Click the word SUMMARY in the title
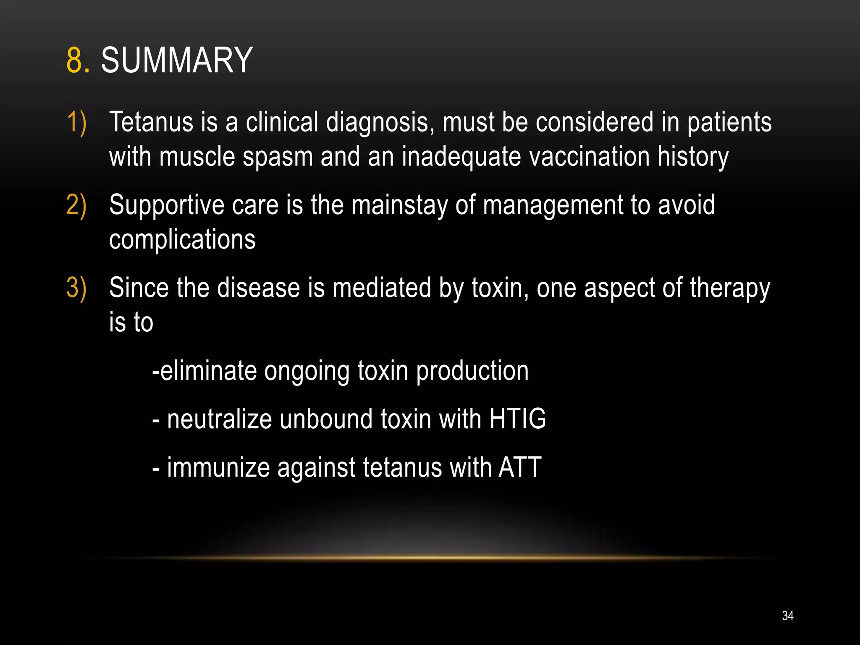click(x=177, y=60)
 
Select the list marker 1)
click(x=76, y=123)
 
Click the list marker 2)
click(x=76, y=205)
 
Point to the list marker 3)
click(x=76, y=288)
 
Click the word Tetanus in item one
click(x=151, y=123)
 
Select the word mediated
click(x=382, y=288)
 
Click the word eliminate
click(x=208, y=371)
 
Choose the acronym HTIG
click(x=517, y=419)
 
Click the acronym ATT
click(x=520, y=467)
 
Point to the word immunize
click(x=218, y=468)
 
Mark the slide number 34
click(x=788, y=616)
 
